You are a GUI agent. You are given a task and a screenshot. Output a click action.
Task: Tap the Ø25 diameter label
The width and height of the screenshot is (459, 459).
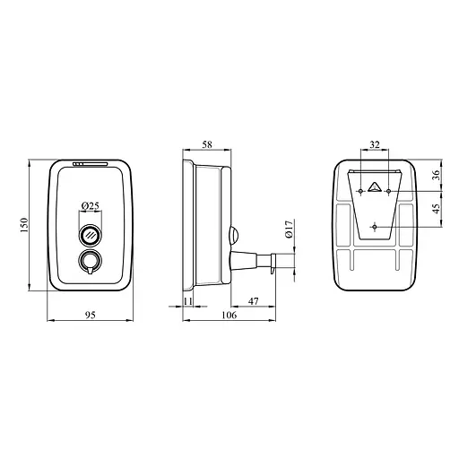[x=91, y=206]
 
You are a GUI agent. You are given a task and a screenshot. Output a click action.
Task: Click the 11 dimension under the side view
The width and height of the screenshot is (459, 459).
[x=188, y=303]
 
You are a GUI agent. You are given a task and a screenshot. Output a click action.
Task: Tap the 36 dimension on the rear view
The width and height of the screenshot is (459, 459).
[x=436, y=175]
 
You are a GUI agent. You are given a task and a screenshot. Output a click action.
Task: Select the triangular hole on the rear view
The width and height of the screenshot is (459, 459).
[x=375, y=188]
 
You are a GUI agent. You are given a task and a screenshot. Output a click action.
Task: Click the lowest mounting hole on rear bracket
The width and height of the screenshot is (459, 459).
[x=374, y=225]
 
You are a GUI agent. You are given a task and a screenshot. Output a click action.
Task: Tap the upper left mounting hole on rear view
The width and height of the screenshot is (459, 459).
[x=360, y=191]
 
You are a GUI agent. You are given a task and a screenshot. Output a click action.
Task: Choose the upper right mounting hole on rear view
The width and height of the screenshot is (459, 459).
[x=388, y=191]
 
